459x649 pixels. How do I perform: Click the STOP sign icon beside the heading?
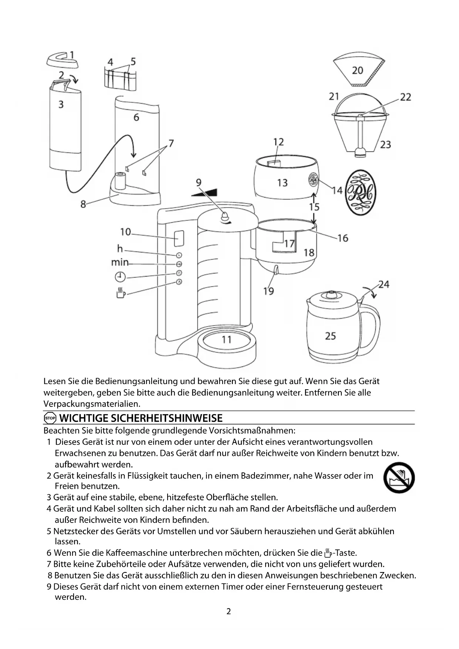tap(50, 418)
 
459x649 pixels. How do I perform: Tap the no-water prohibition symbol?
tap(399, 478)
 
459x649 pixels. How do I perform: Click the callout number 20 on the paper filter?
tap(357, 70)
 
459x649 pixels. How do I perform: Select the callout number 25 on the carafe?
tap(330, 336)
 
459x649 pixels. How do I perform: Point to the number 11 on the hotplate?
tap(226, 339)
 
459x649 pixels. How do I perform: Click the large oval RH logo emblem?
tap(360, 192)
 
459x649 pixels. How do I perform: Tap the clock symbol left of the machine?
tap(120, 277)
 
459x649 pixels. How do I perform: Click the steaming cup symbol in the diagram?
tap(121, 293)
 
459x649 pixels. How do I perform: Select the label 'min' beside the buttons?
tap(120, 263)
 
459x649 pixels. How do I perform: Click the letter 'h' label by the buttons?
tap(120, 249)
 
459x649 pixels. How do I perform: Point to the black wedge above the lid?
tap(205, 192)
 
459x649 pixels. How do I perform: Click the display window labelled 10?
tap(179, 239)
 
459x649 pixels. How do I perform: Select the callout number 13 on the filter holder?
tap(282, 183)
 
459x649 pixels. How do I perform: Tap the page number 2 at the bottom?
tap(229, 612)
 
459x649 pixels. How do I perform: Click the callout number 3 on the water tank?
tap(61, 105)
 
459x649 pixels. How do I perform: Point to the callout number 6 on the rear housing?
tap(136, 118)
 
